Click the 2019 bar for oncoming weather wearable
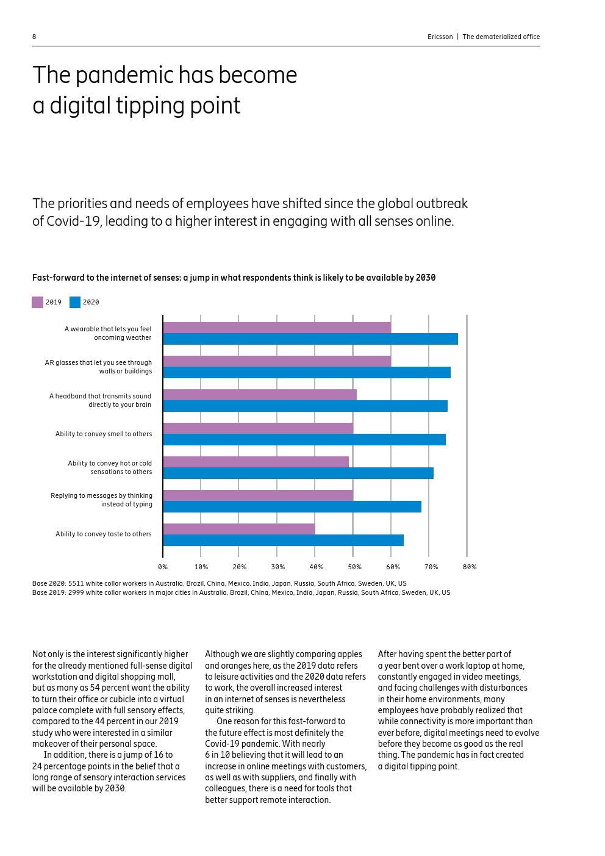277,328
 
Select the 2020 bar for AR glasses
307,372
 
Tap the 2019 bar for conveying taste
239,528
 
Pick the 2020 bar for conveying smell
304,439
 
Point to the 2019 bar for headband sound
260,395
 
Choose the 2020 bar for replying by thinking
292,506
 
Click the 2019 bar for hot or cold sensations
256,462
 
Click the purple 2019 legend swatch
38,302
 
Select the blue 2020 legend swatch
75,302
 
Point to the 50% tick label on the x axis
354,567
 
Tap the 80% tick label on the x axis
469,567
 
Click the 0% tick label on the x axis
163,567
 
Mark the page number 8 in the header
34,37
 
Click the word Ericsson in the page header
440,37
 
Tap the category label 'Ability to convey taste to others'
104,534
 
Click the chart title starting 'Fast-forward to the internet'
234,278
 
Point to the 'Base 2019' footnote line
241,592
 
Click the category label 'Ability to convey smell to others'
104,434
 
